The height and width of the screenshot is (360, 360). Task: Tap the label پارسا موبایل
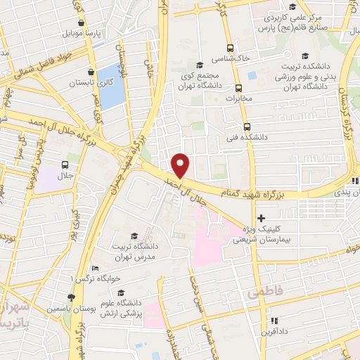coord(85,33)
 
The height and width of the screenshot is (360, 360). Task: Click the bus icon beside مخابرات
coord(238,89)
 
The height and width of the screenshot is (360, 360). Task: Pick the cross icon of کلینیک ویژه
coord(262,219)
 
